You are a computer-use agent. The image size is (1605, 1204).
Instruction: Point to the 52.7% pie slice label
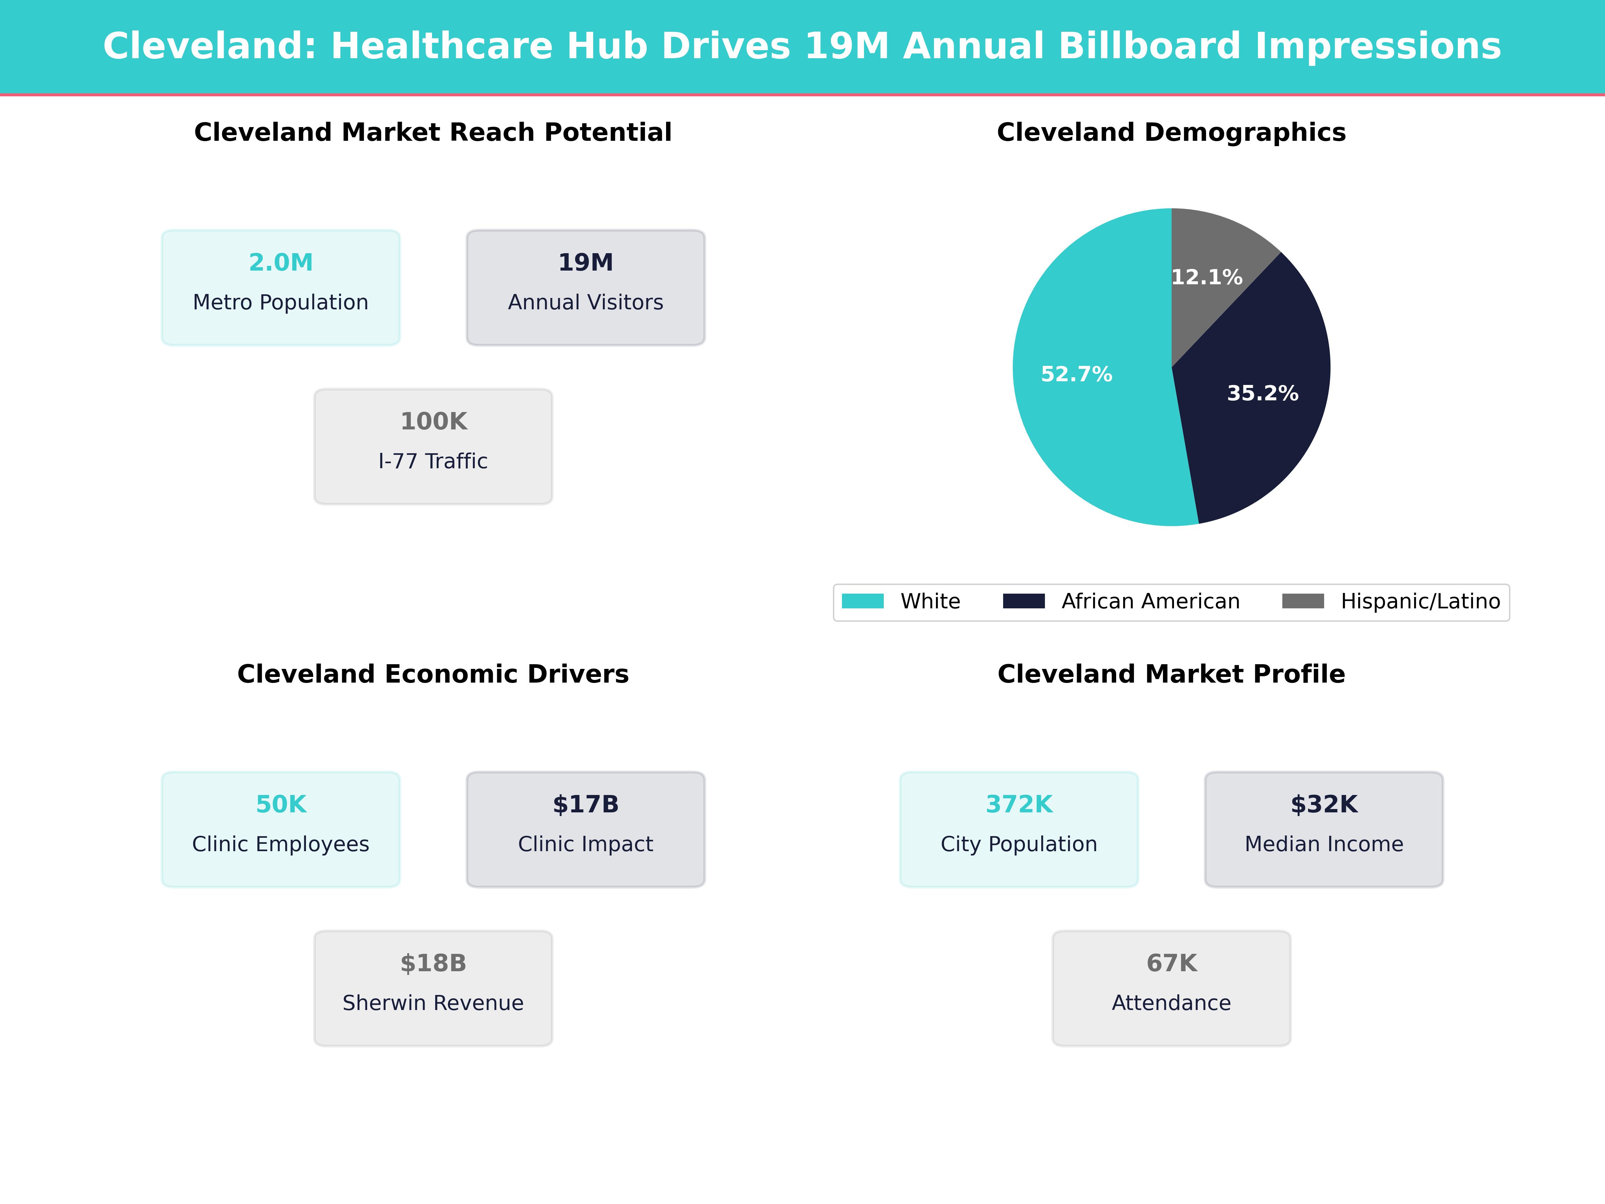click(1076, 375)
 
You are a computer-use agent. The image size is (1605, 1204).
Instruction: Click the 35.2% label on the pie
click(1263, 393)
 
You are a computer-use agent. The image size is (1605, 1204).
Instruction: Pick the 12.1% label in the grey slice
click(1207, 277)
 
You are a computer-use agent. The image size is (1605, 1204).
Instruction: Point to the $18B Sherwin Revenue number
click(433, 963)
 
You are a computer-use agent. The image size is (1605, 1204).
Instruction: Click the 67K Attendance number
click(1171, 963)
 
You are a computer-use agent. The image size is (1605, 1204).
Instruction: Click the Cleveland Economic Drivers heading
click(433, 674)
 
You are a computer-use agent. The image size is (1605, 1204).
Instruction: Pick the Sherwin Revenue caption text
click(433, 1003)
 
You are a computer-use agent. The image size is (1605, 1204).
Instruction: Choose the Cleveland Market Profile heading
click(1171, 674)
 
